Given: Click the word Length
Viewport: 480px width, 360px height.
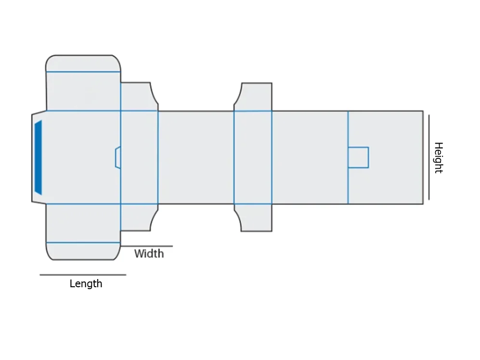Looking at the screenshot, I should pos(86,284).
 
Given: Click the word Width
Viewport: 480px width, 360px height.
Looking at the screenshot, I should pos(149,253).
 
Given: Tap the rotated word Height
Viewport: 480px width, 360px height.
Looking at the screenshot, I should pos(438,158).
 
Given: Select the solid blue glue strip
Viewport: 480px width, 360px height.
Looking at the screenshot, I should pos(38,158).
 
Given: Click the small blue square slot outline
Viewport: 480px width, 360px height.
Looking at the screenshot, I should pos(358,158).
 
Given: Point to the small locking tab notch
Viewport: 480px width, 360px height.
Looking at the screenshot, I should pos(117,158).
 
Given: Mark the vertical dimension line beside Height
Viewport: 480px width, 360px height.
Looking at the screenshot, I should pos(429,157).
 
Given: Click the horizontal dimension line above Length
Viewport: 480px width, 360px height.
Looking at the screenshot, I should pos(83,275).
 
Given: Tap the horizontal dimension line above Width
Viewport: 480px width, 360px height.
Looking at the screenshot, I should pos(146,246).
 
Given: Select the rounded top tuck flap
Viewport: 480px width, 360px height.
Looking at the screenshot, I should pos(83,63).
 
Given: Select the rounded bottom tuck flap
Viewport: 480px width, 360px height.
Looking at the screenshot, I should pos(83,251).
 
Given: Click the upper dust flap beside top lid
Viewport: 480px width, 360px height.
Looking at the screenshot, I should pos(138,96).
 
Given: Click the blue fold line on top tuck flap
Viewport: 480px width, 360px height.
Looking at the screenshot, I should pos(83,72).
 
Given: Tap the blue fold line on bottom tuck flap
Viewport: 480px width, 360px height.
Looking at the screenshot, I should pos(83,242).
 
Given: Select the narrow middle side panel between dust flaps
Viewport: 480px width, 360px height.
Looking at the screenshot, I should pos(253,158).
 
